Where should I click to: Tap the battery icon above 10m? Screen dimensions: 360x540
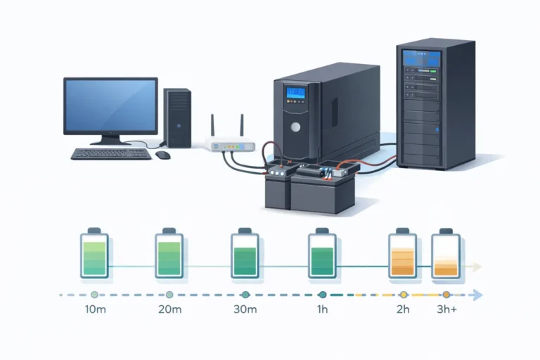(94, 252)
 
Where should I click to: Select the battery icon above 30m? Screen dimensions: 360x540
(245, 252)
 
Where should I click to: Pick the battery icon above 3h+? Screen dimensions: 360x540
(445, 252)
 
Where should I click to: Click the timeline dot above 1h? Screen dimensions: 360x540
(321, 295)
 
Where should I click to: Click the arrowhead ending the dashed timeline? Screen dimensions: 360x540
(478, 295)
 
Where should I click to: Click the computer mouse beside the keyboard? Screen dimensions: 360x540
(163, 155)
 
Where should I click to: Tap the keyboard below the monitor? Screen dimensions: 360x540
(111, 153)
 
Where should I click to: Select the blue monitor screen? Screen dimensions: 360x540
(110, 105)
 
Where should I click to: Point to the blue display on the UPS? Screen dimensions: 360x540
(295, 94)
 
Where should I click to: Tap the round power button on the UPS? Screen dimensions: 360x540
(296, 127)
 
